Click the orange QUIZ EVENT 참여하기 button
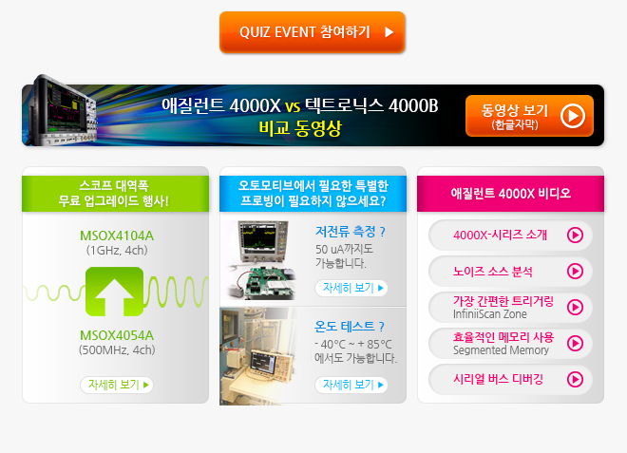tap(313, 32)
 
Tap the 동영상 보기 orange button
tap(529, 116)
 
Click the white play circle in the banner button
tap(573, 116)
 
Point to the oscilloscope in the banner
tap(64, 109)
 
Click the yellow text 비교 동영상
tap(300, 128)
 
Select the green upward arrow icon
tap(114, 292)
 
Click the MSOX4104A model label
tap(117, 236)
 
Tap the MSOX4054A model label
tap(117, 335)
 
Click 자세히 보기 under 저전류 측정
tap(351, 288)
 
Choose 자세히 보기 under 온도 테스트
tap(351, 385)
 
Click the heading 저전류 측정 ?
tap(351, 231)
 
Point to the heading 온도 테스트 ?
tap(350, 327)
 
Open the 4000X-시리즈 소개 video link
tap(510, 236)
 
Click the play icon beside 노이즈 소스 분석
tap(575, 271)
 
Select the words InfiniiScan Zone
tap(490, 314)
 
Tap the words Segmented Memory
tap(501, 350)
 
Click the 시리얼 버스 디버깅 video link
tap(510, 379)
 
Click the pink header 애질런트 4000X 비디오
tap(511, 194)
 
